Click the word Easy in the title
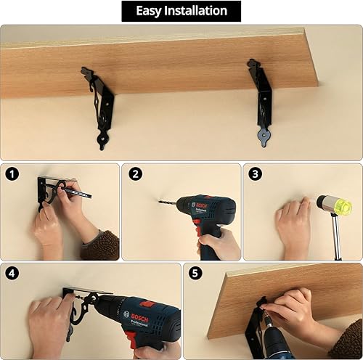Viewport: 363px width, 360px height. (148, 11)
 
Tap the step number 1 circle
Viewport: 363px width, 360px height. (12, 174)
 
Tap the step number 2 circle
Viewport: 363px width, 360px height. (135, 174)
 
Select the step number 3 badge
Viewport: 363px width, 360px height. (255, 174)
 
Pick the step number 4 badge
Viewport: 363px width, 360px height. (12, 273)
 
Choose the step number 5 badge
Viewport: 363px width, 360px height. (195, 273)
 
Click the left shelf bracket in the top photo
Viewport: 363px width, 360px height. (99, 107)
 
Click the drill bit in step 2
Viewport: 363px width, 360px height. (168, 202)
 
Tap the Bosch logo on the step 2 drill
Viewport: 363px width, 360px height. (201, 205)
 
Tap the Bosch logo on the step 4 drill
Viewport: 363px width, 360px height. (139, 317)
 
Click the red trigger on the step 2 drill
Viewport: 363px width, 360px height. (197, 226)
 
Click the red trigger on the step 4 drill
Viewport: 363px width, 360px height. (131, 340)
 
